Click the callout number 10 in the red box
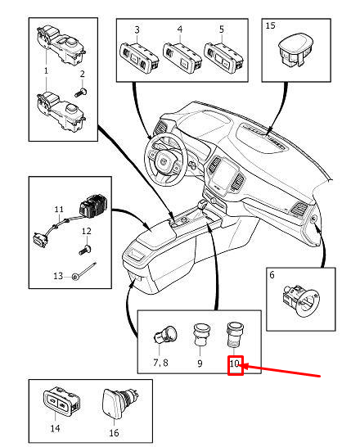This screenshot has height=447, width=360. coord(234,363)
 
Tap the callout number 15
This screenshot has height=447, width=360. coord(270,25)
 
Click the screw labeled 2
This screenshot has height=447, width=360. coord(81,92)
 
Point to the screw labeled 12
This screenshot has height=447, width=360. coord(85,250)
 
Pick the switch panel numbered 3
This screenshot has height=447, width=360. coord(139,58)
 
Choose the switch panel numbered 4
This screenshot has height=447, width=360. coord(182,58)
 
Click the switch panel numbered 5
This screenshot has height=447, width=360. coord(224,57)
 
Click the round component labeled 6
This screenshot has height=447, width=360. coord(301,301)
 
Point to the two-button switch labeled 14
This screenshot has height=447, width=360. coord(61,401)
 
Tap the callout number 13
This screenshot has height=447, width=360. coord(58,276)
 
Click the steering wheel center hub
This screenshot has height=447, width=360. coord(164,161)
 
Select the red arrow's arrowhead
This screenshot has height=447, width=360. coord(246,366)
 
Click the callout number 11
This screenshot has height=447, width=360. coord(59,210)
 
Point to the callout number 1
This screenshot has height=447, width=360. coord(46,70)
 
